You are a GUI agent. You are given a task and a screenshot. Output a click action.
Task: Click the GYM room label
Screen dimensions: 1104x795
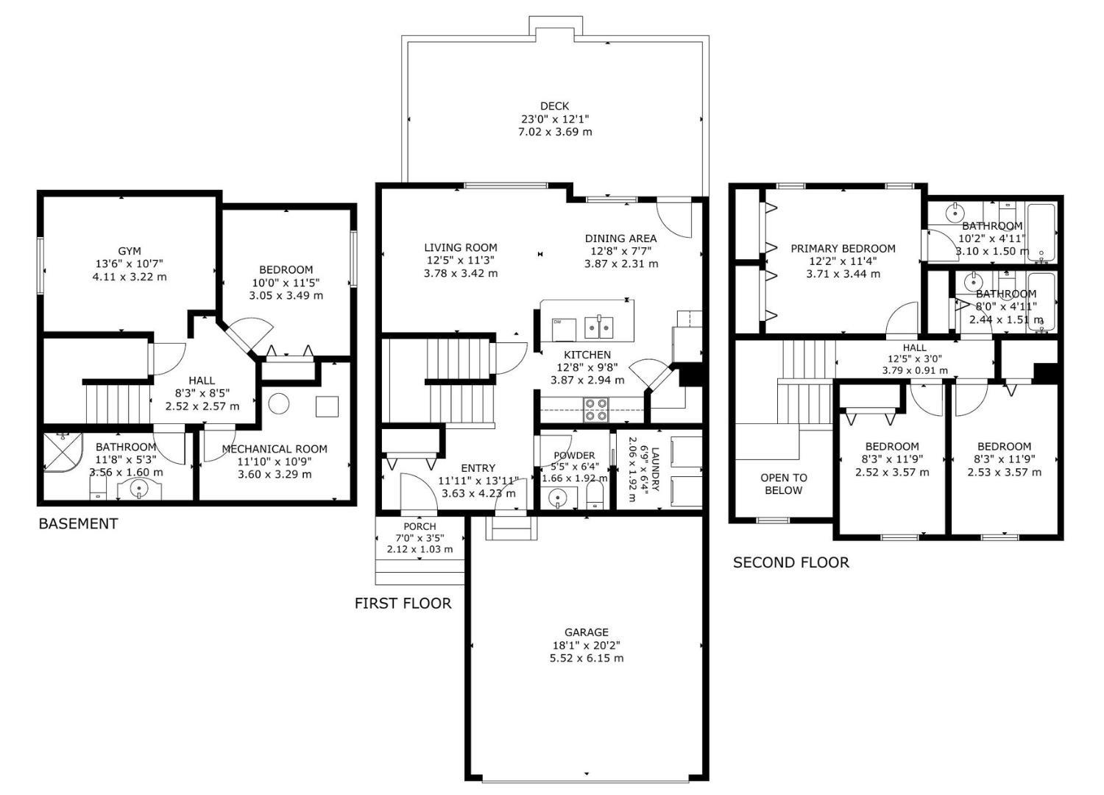click(130, 251)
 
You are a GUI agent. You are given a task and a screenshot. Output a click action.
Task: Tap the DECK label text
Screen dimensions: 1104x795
click(554, 106)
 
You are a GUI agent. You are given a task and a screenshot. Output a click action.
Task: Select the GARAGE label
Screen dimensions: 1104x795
click(587, 632)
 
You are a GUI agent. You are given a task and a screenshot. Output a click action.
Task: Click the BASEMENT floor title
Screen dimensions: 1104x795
click(78, 523)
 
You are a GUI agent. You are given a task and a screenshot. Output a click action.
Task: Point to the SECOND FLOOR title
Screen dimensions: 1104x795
click(791, 562)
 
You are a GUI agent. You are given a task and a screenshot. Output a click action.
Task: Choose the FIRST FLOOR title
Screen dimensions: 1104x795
click(403, 604)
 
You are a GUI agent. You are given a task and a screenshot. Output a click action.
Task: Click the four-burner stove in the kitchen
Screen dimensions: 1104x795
click(595, 409)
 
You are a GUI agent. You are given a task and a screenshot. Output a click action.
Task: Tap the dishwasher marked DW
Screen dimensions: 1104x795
click(564, 329)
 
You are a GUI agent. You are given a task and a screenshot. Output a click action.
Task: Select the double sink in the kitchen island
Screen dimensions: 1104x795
click(599, 328)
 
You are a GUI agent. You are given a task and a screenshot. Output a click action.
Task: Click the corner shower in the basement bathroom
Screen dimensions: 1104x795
click(63, 452)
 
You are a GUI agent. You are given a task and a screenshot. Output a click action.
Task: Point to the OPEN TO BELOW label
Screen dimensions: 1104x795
click(784, 484)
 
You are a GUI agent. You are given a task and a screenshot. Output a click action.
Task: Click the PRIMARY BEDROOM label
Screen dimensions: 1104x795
click(843, 248)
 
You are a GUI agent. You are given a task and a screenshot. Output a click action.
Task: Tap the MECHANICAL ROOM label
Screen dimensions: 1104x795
click(275, 449)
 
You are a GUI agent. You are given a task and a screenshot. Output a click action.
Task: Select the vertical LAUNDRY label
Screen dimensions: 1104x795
click(655, 469)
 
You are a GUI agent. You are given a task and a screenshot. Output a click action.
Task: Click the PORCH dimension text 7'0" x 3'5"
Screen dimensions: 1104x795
click(420, 537)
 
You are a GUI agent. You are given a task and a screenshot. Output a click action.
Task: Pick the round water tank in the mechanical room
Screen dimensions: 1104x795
click(278, 403)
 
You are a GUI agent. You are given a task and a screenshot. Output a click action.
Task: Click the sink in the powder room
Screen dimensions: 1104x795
click(559, 498)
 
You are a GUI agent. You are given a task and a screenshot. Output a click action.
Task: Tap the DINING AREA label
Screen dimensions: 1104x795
click(621, 239)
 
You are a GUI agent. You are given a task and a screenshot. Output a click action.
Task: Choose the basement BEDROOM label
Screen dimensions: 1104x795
click(286, 269)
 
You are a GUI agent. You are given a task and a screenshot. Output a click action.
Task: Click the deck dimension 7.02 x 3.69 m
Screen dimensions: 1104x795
click(555, 132)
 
